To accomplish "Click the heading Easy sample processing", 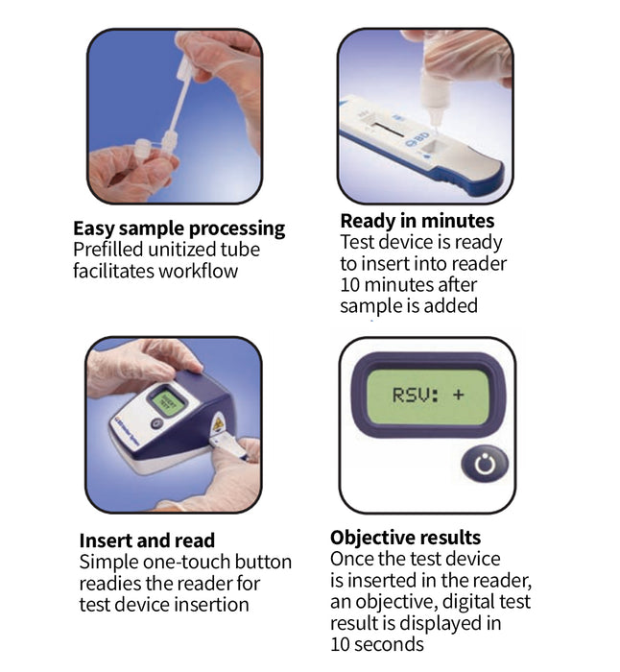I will [x=179, y=228].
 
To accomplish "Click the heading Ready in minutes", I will [x=417, y=222].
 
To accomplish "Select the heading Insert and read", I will [x=147, y=540].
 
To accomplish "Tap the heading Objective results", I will [x=405, y=537].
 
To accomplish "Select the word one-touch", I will [x=179, y=562].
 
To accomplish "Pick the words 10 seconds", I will [x=377, y=644].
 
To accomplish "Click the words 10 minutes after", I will [x=409, y=285].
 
